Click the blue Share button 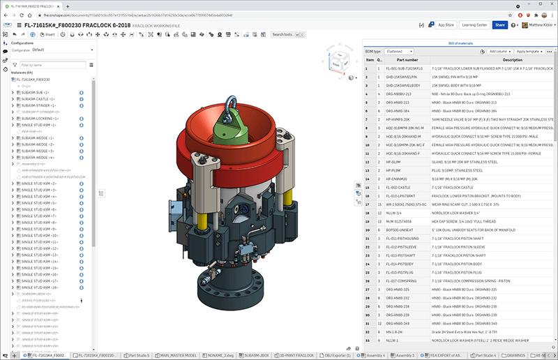(499, 25)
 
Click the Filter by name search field (52, 65)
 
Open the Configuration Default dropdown (61, 50)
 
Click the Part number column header (407, 60)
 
